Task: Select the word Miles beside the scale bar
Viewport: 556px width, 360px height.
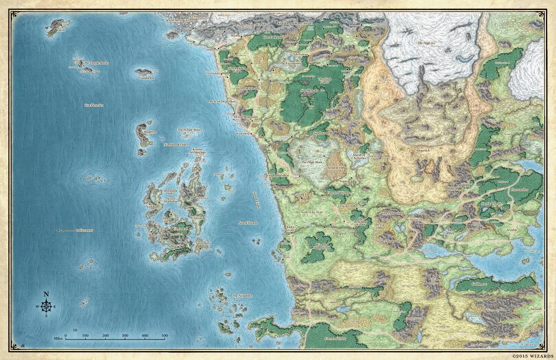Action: [x=57, y=336]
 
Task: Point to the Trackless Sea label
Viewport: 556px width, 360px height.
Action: [x=95, y=106]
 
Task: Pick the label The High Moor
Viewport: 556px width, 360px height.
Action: [x=312, y=162]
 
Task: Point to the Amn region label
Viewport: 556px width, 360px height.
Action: [x=334, y=301]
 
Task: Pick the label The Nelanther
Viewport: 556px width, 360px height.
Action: [x=242, y=296]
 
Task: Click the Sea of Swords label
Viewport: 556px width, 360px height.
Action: [x=248, y=223]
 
